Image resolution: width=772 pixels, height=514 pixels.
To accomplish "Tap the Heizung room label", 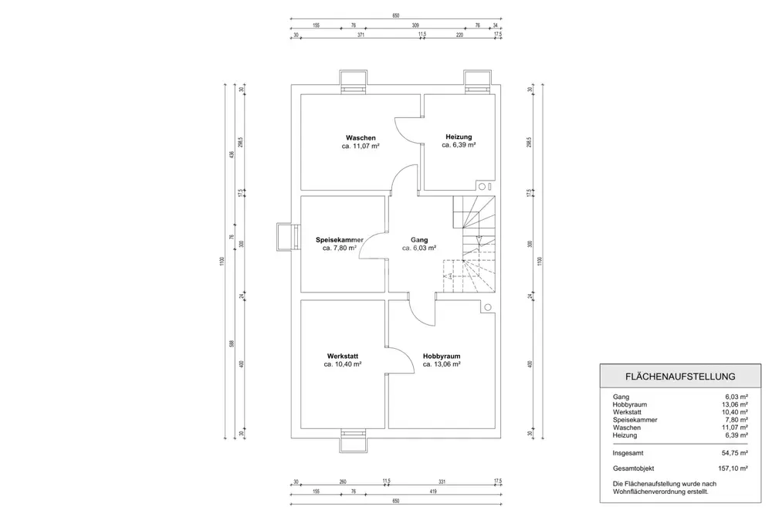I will pyautogui.click(x=459, y=137).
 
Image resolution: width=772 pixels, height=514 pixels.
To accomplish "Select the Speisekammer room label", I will pyautogui.click(x=340, y=239).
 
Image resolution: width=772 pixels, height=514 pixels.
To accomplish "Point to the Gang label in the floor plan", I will pyautogui.click(x=419, y=240).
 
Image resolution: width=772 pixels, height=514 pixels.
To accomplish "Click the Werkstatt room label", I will pyautogui.click(x=343, y=356).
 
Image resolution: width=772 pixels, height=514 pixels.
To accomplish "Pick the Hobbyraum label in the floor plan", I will pyautogui.click(x=442, y=356).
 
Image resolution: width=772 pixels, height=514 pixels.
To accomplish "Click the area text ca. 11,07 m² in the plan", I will pyautogui.click(x=361, y=145).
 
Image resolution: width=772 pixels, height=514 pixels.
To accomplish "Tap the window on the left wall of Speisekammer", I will pyautogui.click(x=287, y=237).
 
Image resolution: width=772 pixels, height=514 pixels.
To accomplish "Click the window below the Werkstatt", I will pyautogui.click(x=355, y=437).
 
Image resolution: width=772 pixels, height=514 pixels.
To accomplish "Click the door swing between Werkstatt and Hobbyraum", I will pyautogui.click(x=397, y=358).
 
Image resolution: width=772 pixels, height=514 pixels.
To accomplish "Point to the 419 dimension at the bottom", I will pyautogui.click(x=435, y=491).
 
